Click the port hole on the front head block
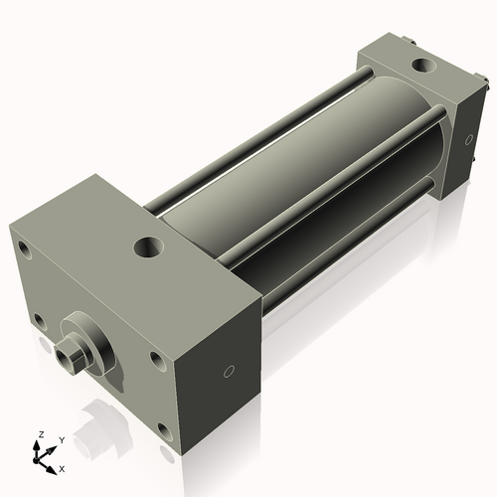coord(149,248)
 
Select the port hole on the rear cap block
coord(424,65)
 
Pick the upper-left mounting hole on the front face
coord(25,250)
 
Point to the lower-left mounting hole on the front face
coord(41,322)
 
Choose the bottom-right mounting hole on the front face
coord(165,431)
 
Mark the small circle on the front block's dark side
coord(229,372)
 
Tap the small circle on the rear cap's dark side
coord(469,139)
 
